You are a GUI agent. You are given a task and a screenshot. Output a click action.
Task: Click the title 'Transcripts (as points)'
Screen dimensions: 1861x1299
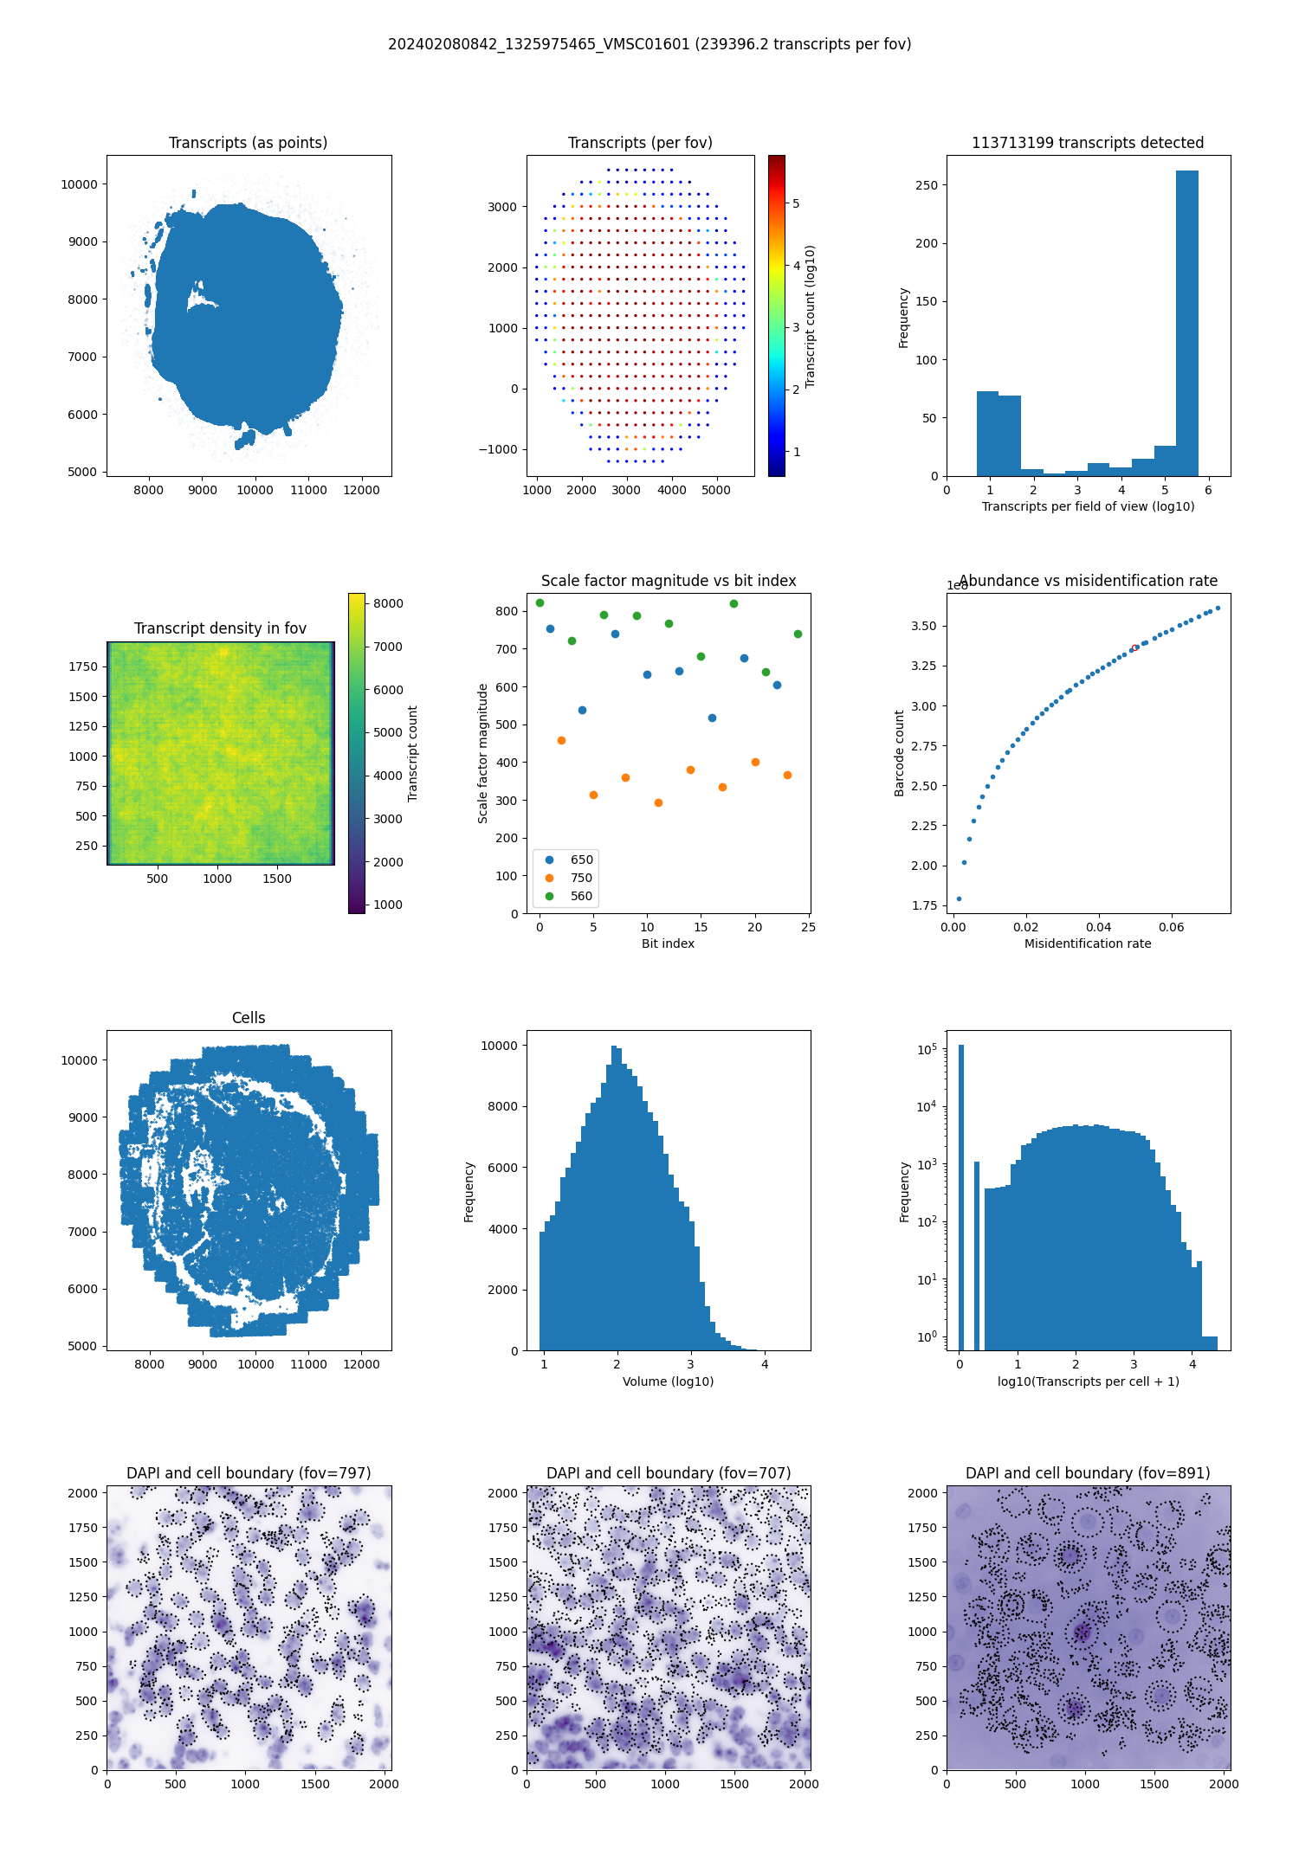[248, 143]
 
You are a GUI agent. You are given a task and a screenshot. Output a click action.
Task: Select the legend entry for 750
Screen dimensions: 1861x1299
[571, 878]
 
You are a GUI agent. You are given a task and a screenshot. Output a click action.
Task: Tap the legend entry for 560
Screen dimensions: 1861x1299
[571, 896]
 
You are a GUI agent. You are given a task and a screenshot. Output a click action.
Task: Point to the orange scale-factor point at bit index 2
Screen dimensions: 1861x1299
[561, 740]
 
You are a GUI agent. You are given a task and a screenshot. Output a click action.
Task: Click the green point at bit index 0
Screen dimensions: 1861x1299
[540, 602]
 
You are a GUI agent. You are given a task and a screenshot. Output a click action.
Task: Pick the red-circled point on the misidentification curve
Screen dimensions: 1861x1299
[1134, 647]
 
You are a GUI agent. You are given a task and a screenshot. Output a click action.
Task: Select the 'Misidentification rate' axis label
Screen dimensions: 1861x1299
[1088, 943]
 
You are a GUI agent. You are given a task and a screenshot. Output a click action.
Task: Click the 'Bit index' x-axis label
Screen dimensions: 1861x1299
[668, 943]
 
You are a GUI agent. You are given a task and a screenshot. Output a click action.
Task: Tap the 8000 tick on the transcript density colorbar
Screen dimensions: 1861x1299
[388, 603]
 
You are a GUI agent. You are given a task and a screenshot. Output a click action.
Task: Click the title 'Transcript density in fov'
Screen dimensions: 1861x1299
[220, 628]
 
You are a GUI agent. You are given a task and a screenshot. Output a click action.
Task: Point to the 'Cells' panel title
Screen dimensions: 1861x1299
[249, 1018]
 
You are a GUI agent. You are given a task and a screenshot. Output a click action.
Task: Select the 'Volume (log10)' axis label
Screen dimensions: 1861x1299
[668, 1381]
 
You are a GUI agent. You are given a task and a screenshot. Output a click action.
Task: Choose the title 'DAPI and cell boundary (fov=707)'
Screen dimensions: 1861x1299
[668, 1473]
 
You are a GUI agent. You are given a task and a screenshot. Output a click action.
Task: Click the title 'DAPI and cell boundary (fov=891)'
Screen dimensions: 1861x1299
[1088, 1473]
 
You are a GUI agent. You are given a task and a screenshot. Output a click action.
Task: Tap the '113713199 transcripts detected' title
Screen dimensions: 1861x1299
[1088, 143]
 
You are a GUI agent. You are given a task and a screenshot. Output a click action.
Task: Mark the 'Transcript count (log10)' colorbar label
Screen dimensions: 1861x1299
[811, 316]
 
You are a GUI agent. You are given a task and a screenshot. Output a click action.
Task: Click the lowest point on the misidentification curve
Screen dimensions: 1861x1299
[959, 898]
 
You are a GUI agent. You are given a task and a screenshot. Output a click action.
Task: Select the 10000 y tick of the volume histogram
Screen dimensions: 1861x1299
[499, 1046]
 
